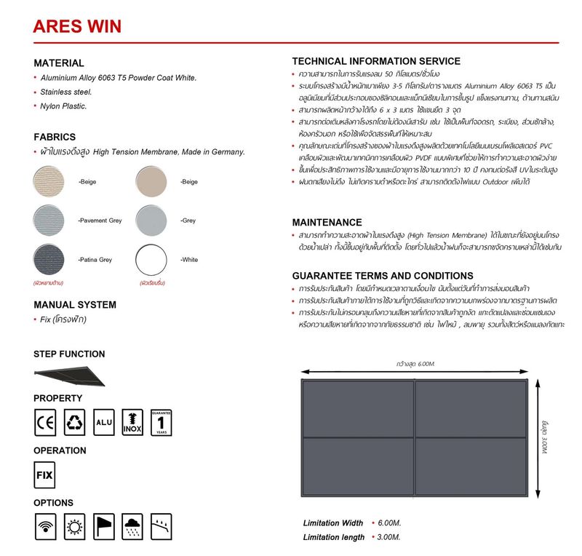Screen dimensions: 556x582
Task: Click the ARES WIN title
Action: [x=77, y=27]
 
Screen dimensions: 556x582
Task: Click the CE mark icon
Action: [x=45, y=421]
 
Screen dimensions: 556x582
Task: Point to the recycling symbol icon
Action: [x=74, y=421]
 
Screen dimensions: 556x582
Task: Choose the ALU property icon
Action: [x=103, y=421]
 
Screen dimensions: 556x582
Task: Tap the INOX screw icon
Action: [x=132, y=421]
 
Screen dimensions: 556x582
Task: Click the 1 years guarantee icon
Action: [x=161, y=421]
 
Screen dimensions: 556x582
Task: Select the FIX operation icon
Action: [x=45, y=474]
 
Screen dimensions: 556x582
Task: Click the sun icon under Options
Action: [x=74, y=526]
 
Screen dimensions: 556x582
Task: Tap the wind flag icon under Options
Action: [x=103, y=526]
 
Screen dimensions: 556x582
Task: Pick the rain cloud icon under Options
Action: [x=132, y=526]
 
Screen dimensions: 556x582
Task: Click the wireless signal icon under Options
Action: [x=45, y=526]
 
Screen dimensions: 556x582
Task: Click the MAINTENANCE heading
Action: [x=327, y=222]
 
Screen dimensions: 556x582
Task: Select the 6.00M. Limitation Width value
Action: [x=389, y=523]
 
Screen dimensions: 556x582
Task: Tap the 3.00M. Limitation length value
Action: [x=389, y=537]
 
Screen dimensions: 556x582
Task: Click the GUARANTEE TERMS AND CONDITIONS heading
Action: [x=383, y=276]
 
